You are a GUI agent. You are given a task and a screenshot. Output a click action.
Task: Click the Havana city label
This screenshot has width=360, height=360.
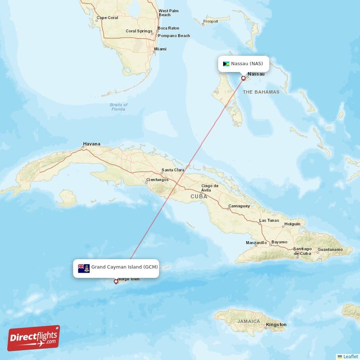(x=91, y=144)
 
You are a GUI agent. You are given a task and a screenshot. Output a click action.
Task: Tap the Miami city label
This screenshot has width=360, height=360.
(x=160, y=49)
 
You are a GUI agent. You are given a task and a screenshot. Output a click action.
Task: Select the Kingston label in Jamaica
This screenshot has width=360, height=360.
(x=276, y=324)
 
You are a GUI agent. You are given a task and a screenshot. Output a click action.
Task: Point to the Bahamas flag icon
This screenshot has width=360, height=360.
(x=226, y=63)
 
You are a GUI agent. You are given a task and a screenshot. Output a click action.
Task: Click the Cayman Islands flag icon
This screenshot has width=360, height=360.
(x=84, y=268)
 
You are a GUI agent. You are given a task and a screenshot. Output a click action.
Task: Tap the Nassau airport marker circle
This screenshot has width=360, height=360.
(x=243, y=78)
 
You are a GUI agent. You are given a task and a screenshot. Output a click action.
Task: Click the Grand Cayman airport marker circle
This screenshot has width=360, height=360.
(x=116, y=282)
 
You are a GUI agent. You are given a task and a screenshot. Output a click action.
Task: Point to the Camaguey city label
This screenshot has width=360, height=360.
(x=238, y=206)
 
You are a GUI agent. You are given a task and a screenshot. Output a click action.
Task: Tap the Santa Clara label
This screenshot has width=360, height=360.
(x=173, y=170)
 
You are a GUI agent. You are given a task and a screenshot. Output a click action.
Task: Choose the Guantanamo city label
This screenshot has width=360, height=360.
(x=329, y=249)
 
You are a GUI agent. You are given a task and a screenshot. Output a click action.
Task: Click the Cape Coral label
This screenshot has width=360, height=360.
(x=107, y=18)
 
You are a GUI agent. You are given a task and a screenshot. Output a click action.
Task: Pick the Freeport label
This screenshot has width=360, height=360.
(x=210, y=21)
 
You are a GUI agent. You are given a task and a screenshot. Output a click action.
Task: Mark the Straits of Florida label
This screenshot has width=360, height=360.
(x=118, y=107)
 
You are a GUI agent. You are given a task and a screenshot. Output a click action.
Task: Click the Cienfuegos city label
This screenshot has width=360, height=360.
(x=157, y=180)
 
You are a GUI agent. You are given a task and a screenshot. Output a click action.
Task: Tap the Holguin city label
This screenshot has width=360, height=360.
(x=292, y=224)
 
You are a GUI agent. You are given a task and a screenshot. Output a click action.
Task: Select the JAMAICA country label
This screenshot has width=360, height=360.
(x=249, y=321)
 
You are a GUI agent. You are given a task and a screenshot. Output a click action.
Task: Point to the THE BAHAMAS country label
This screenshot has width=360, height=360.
(x=261, y=92)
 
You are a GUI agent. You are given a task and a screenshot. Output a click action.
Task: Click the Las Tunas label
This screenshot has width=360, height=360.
(x=269, y=221)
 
